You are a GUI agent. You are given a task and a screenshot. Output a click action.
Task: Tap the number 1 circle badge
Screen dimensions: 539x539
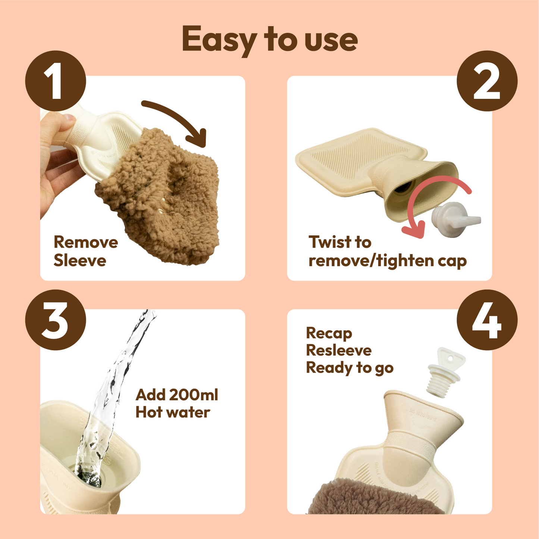coord(56,81)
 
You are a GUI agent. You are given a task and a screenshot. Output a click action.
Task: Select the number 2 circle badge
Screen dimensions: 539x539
coord(487,81)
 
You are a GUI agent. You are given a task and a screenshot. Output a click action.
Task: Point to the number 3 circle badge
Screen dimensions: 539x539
coord(56,320)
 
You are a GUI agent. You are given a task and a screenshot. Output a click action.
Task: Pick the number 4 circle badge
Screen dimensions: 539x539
coord(487,320)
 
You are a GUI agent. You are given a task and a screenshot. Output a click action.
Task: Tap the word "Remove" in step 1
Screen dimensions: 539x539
coord(86,242)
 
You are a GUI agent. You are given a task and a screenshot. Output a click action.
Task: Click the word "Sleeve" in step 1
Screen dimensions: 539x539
coord(80,261)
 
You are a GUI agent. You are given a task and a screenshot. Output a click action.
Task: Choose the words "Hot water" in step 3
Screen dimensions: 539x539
coord(173,413)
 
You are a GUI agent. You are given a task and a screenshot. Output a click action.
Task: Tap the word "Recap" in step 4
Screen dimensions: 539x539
coord(329,333)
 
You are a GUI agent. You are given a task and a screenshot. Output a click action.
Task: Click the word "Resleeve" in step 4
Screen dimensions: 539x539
coord(339,351)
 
